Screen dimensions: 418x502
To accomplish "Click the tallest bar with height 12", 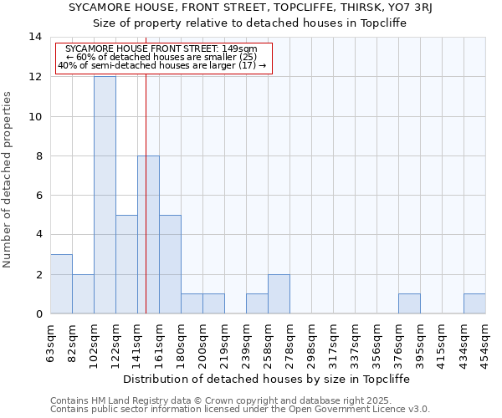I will pos(105,195).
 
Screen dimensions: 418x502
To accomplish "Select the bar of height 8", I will pos(148,235).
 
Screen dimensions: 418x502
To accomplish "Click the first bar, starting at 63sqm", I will pos(61,284).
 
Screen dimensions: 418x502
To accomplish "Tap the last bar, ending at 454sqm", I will pos(474,304).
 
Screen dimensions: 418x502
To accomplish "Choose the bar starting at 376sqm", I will pos(409,304).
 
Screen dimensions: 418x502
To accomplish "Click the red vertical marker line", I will pos(146,184).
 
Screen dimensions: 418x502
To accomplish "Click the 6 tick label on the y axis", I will pos(38,196).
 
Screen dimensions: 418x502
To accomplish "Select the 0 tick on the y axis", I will pos(38,314).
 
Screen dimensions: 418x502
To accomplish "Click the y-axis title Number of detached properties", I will pos(8,180).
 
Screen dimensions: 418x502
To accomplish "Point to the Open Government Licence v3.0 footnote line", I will pos(240,409).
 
